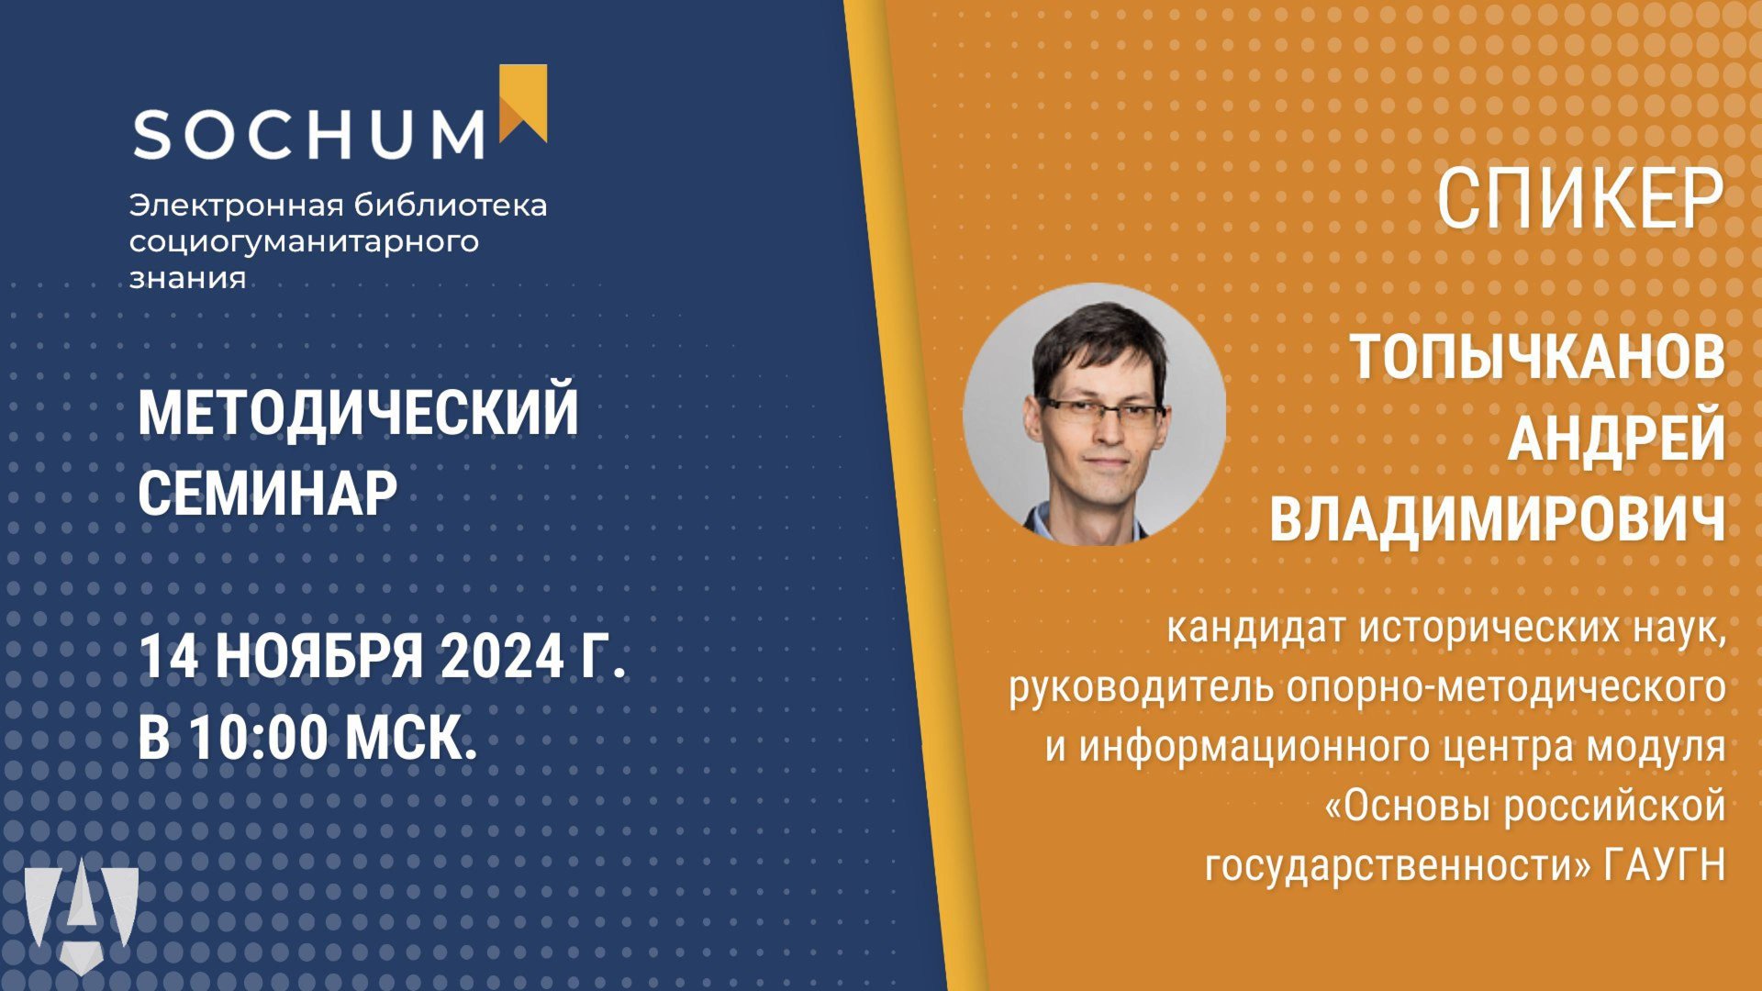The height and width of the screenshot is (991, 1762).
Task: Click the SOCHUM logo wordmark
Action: point(309,135)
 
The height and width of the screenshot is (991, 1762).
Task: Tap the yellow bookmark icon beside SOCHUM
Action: point(523,103)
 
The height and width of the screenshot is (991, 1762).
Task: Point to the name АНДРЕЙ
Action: point(1616,438)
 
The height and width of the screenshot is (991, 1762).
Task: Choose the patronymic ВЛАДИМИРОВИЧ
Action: point(1498,519)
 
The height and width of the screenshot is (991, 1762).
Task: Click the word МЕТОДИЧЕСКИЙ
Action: point(358,413)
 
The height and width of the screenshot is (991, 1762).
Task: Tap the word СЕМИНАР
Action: point(267,494)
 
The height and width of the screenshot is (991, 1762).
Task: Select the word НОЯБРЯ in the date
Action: point(320,656)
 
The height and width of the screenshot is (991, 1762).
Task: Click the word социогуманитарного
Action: point(304,241)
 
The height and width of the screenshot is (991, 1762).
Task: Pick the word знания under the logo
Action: point(187,278)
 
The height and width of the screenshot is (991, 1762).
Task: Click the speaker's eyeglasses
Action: point(1100,410)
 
